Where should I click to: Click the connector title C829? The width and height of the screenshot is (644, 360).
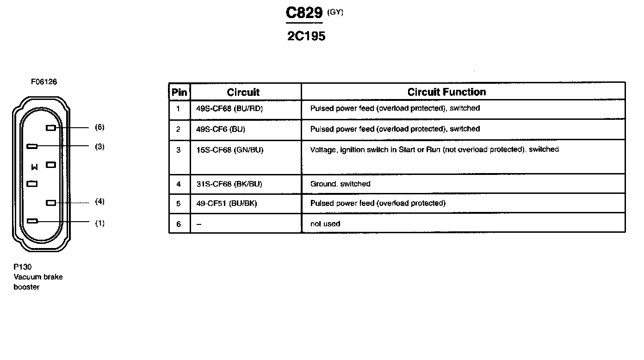[x=304, y=13]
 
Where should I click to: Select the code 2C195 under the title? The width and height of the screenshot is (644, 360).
[x=306, y=37]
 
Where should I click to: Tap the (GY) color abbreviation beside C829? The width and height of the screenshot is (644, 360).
[x=335, y=12]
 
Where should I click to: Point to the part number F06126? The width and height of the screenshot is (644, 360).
[x=44, y=82]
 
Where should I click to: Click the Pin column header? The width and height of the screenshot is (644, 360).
[x=180, y=92]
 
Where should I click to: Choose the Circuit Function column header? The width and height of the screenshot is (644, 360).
[x=446, y=92]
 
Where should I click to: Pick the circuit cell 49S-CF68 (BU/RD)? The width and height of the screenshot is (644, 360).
[x=230, y=109]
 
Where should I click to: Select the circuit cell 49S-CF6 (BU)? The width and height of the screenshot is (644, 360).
[x=221, y=130]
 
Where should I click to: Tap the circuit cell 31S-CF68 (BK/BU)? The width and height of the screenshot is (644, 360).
[x=229, y=184]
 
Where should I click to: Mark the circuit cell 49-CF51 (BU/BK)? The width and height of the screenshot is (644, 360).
[x=227, y=204]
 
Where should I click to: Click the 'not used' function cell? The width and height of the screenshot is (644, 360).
[x=325, y=224]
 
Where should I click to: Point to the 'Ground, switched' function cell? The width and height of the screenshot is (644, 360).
[x=340, y=184]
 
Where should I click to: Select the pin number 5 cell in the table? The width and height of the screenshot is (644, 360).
[x=179, y=204]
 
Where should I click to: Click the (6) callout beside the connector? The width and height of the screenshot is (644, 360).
[x=99, y=127]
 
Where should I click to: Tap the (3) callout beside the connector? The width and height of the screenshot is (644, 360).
[x=99, y=147]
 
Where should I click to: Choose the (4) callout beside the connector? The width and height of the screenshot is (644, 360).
[x=99, y=202]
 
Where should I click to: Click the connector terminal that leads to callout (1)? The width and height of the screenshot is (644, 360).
[x=32, y=221]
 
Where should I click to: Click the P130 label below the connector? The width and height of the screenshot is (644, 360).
[x=22, y=267]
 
